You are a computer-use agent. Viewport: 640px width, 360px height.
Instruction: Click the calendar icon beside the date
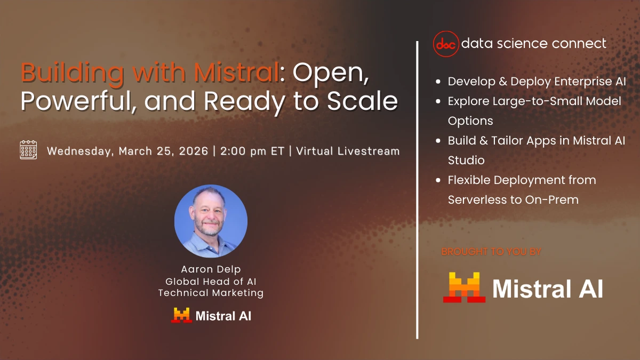point(28,150)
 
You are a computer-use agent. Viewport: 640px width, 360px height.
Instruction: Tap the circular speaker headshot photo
point(211,221)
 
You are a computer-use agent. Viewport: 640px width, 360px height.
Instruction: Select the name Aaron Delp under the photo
point(211,270)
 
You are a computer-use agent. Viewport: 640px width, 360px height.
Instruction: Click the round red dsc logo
point(446,44)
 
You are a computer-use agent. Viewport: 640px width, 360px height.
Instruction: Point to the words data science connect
point(533,43)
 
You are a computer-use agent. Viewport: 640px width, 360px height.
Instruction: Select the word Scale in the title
point(368,101)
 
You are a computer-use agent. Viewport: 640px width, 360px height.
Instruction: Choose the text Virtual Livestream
point(348,151)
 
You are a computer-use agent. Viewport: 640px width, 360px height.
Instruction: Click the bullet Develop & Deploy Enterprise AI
point(537,82)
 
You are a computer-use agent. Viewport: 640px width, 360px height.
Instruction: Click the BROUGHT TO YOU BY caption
point(491,252)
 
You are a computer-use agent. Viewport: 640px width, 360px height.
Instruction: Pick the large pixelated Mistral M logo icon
point(464,287)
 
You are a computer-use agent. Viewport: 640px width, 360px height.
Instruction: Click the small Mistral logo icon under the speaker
point(181,315)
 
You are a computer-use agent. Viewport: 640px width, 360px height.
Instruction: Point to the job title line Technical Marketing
point(211,293)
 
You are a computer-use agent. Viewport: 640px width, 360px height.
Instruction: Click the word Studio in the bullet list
point(466,160)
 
